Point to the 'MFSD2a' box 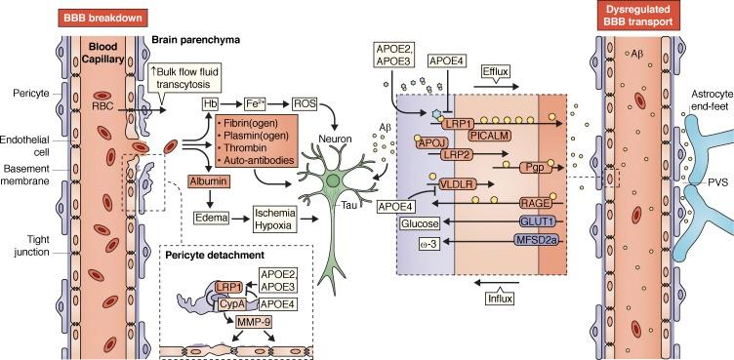[x=524, y=241]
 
